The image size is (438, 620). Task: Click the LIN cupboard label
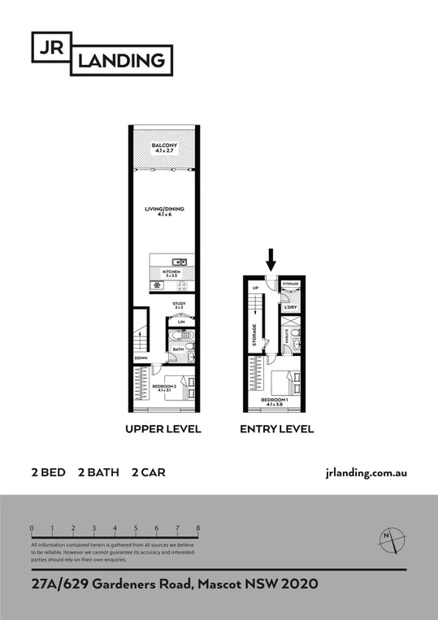pos(182,322)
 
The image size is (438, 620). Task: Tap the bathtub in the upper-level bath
pos(179,336)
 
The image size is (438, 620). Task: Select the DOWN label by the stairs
pos(141,358)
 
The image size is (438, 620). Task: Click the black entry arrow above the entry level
pos(271,260)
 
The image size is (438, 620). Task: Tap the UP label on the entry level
pos(256,288)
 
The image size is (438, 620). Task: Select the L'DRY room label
pos(290,307)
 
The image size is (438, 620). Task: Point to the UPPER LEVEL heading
pos(163,429)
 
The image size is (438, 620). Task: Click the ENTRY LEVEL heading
pos(276,429)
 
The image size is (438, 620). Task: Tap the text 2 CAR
pos(147,472)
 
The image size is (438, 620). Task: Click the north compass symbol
pos(389,539)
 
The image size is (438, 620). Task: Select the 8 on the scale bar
pos(198,528)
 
